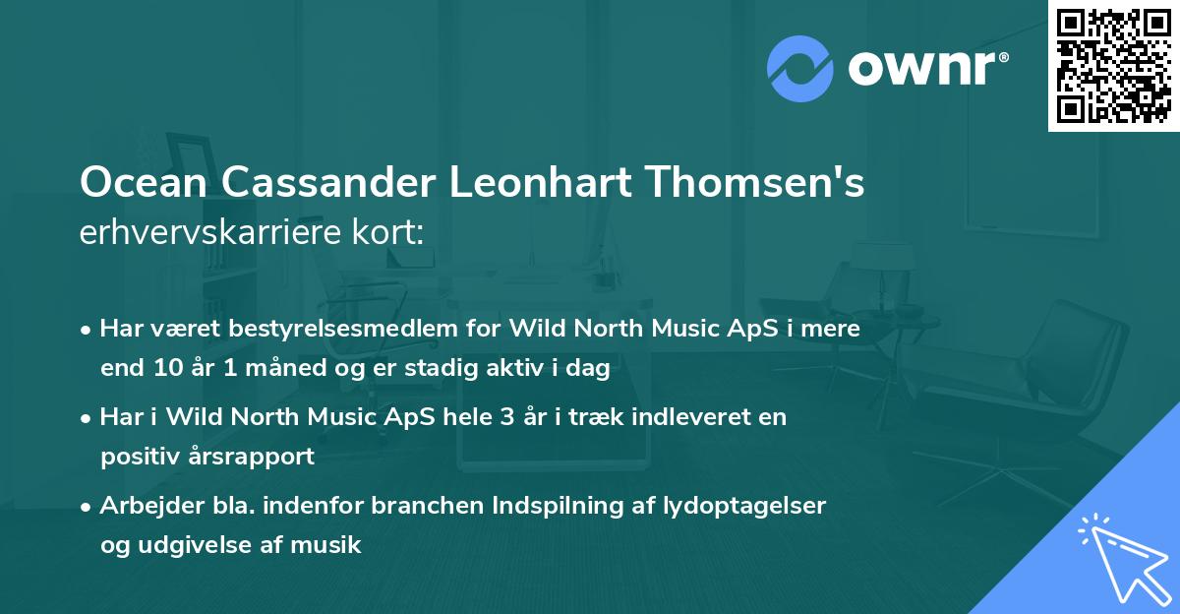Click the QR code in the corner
tap(1113, 66)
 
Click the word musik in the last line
tap(332, 544)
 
